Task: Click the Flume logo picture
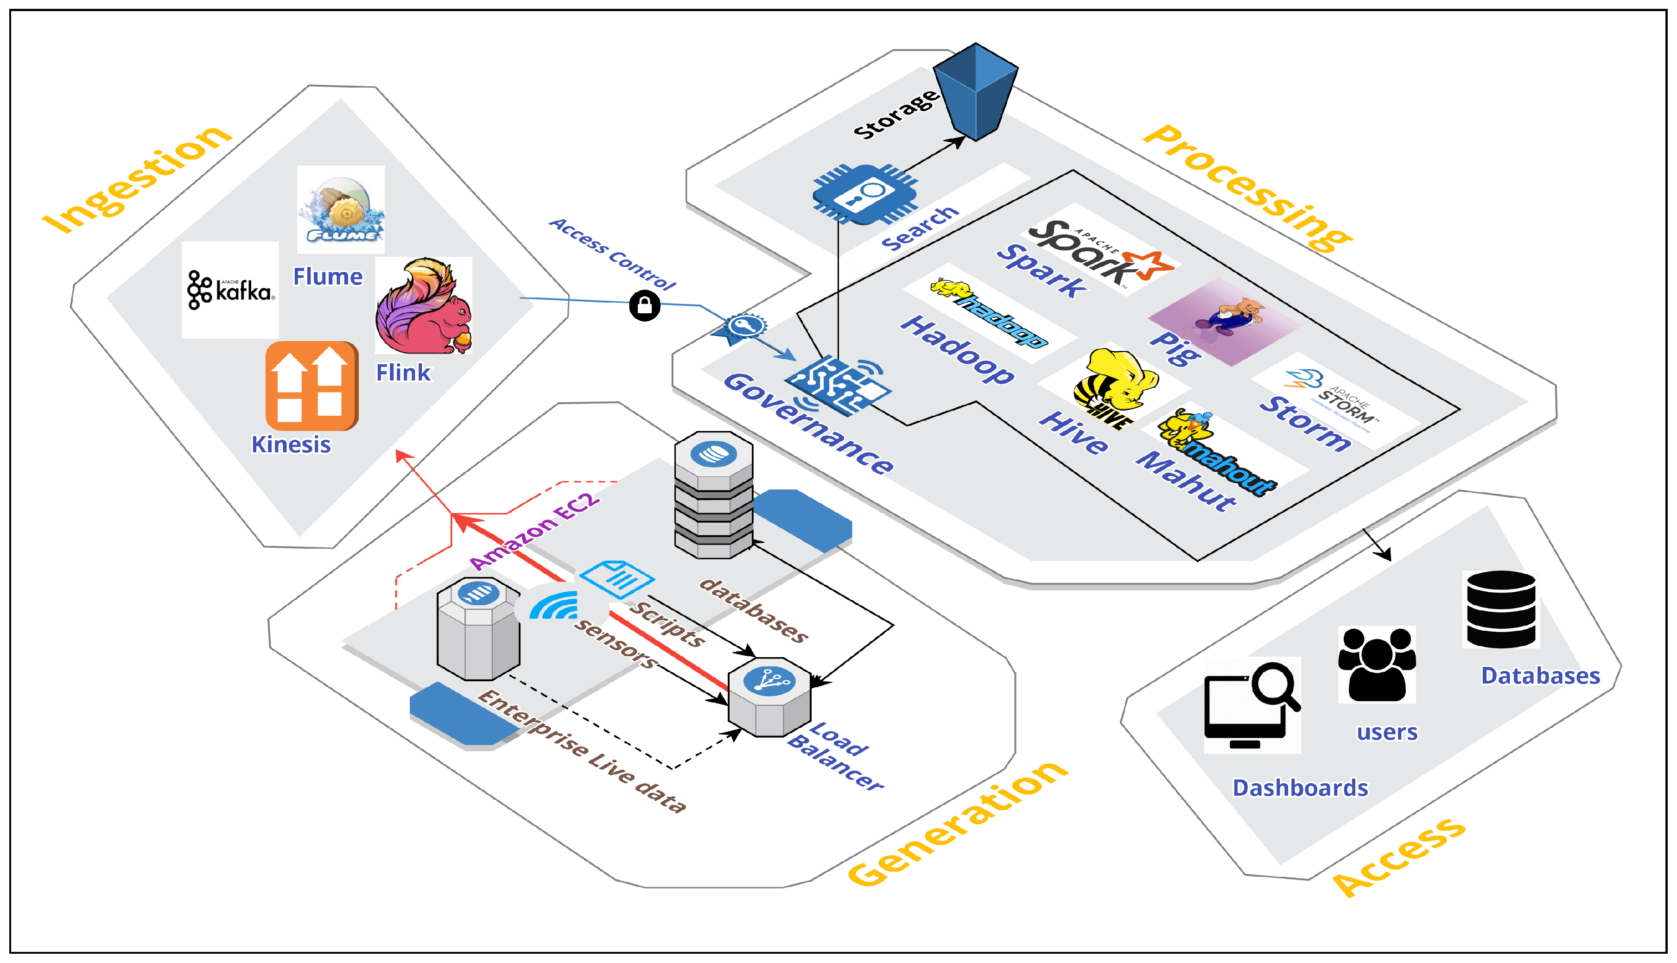[x=341, y=209]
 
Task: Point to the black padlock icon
[x=644, y=305]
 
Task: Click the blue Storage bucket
[x=976, y=91]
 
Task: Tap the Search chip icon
[x=864, y=194]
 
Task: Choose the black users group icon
[x=1377, y=664]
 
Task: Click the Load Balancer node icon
[x=769, y=697]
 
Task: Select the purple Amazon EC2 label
[x=534, y=531]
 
